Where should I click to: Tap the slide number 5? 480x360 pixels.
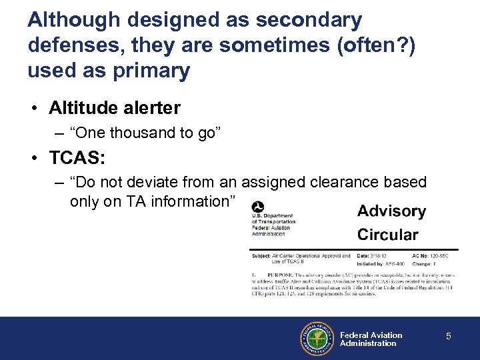click(x=449, y=337)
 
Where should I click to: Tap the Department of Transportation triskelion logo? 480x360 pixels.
click(x=257, y=207)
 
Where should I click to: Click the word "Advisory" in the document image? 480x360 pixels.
click(x=391, y=211)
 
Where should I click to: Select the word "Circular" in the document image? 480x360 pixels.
click(x=387, y=235)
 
